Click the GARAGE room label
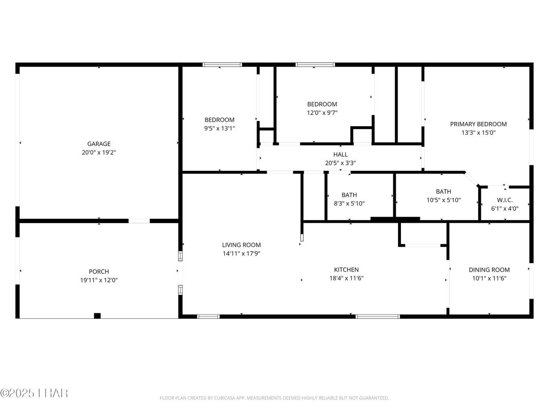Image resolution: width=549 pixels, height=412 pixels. (x=99, y=144)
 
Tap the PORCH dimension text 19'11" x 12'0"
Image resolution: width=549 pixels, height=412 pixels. (x=99, y=280)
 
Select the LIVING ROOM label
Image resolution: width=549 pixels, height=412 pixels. (x=241, y=245)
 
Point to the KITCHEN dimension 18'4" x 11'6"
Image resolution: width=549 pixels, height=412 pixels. (x=347, y=278)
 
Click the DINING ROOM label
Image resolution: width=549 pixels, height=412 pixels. (x=489, y=270)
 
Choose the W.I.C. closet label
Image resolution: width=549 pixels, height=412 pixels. (x=505, y=200)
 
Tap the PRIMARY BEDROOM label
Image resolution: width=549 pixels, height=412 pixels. (x=479, y=124)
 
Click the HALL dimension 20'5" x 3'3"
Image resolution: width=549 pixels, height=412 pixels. (x=341, y=163)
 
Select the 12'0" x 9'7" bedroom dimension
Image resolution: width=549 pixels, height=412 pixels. (x=322, y=113)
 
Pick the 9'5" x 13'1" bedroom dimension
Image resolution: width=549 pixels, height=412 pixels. (x=220, y=128)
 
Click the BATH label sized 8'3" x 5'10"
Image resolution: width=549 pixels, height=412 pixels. (x=349, y=195)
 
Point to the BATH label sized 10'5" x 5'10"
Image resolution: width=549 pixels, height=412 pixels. (x=443, y=191)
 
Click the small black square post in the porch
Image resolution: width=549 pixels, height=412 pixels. (x=97, y=316)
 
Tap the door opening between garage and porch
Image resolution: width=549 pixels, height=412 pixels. (x=139, y=221)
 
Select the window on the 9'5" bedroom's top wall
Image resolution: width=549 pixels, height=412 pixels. (x=222, y=64)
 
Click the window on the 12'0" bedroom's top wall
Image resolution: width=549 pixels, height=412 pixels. (x=315, y=64)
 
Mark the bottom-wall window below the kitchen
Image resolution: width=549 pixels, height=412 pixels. (x=378, y=316)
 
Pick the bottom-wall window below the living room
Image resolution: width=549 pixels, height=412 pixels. (x=208, y=316)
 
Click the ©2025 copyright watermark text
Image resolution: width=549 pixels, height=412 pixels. (x=34, y=393)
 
